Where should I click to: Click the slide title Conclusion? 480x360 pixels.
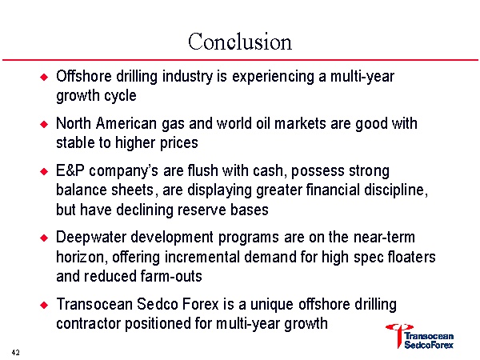[240, 42]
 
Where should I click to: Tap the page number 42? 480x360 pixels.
[16, 352]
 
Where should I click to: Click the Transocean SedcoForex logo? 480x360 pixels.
[420, 337]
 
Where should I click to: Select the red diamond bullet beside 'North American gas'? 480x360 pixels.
[44, 124]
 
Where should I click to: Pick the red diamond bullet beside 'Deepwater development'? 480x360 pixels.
[44, 238]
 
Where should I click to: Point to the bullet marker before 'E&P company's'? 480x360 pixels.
[44, 171]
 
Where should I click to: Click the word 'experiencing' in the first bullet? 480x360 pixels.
[273, 77]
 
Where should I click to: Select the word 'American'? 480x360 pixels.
[126, 124]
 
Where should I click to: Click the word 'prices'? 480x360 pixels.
[178, 143]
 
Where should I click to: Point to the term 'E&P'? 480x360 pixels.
[70, 171]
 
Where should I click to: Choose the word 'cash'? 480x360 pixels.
[268, 171]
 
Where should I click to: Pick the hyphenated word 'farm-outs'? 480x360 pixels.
[171, 276]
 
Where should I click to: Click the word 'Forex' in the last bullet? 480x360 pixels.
[201, 305]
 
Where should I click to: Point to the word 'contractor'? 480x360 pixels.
[88, 324]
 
